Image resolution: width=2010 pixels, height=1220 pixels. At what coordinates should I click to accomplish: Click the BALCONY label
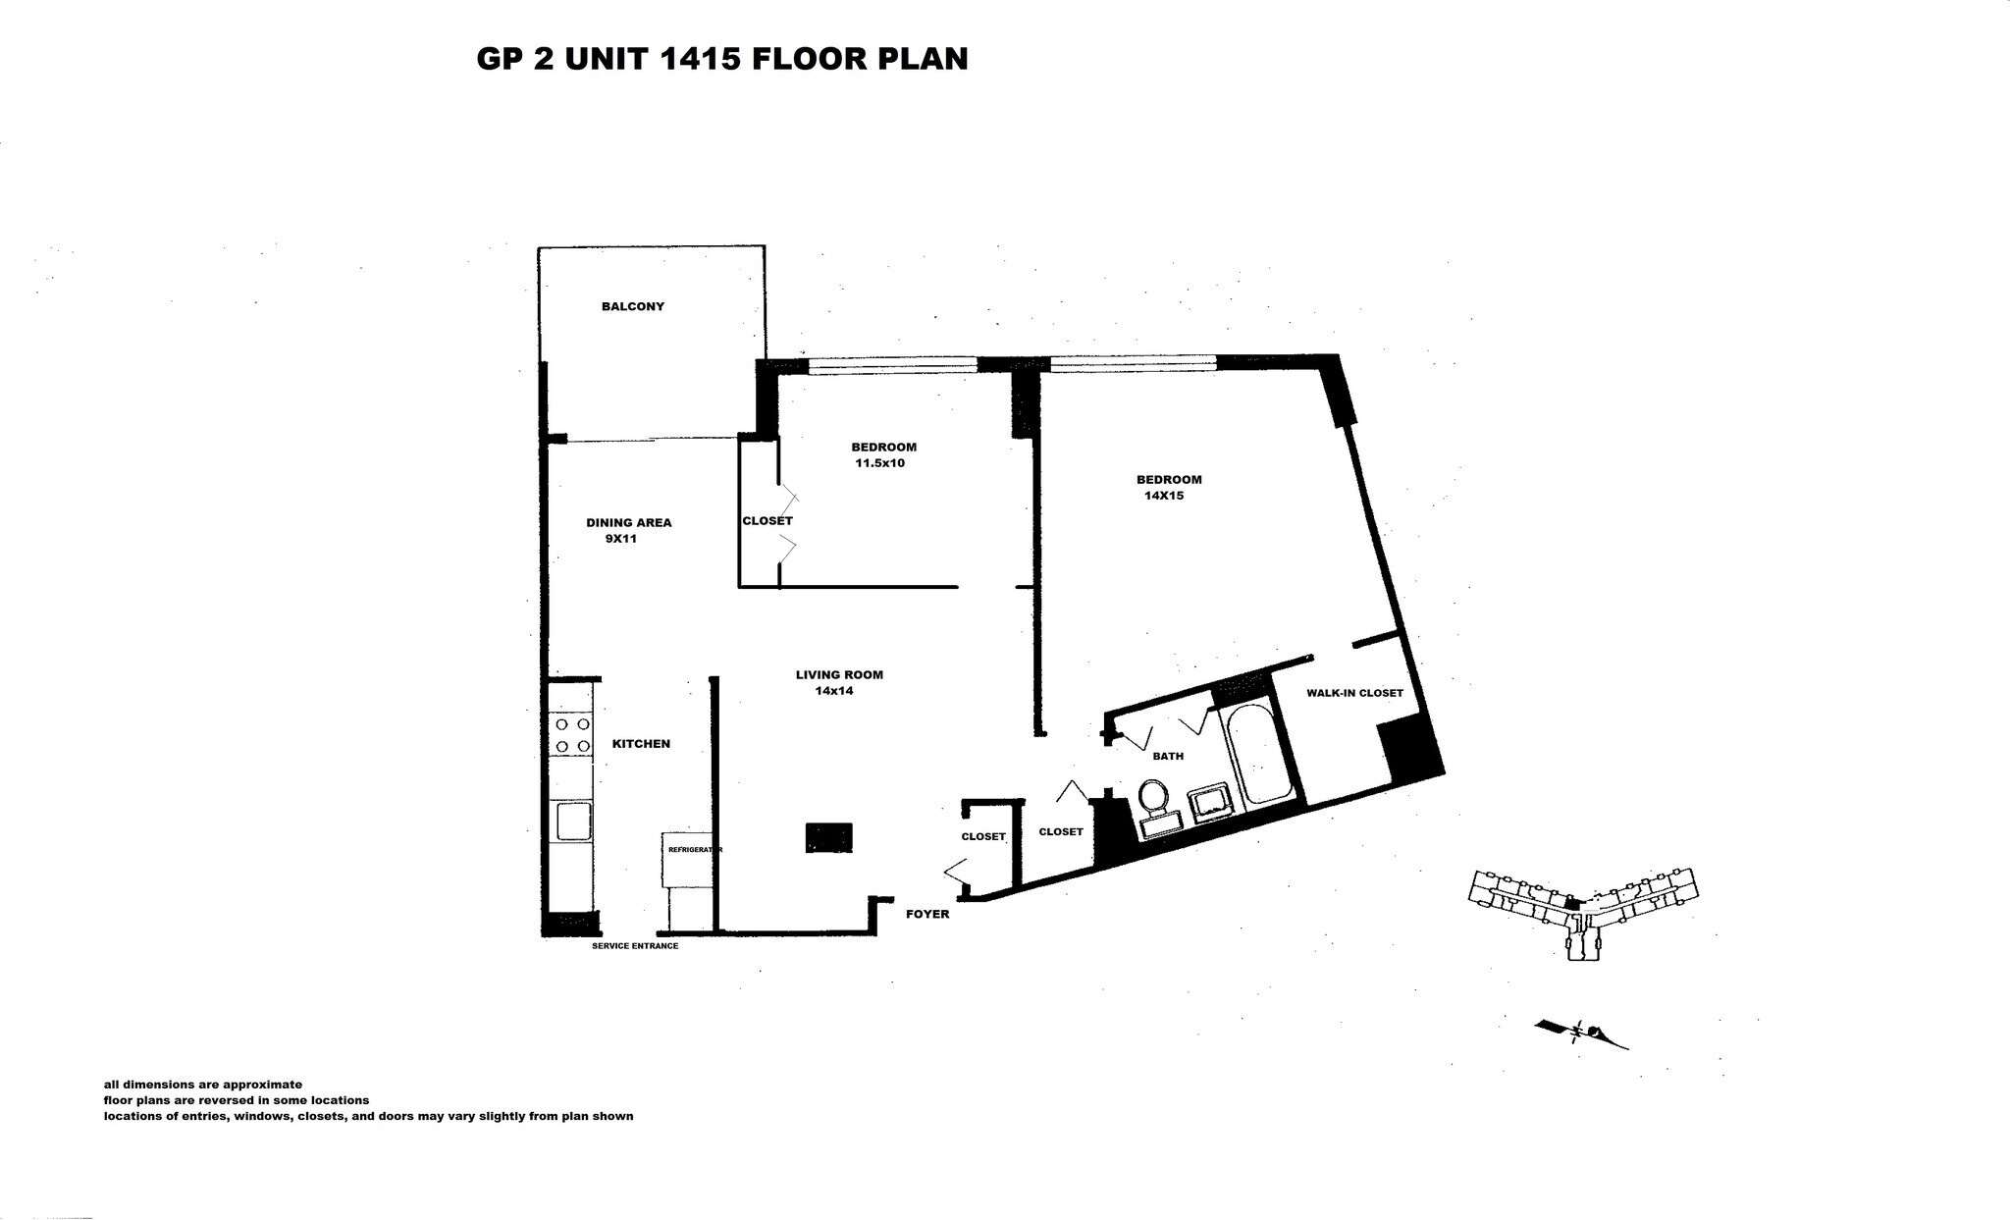click(x=633, y=306)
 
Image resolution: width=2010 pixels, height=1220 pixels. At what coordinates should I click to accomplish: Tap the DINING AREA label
click(x=628, y=522)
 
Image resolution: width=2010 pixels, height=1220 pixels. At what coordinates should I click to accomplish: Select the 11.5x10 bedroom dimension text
click(x=879, y=463)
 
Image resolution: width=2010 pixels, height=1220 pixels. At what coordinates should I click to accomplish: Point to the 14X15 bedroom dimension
click(x=1164, y=496)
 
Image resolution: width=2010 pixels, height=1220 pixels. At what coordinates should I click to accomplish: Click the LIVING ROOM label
click(x=839, y=674)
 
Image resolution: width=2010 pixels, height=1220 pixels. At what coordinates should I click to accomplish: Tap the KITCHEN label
click(x=641, y=744)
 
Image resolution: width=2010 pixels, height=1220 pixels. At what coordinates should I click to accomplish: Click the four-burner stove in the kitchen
click(x=572, y=735)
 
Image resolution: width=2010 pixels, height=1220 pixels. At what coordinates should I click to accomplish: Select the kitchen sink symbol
click(x=572, y=821)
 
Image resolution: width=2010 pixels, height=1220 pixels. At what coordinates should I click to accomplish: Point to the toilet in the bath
click(x=1152, y=797)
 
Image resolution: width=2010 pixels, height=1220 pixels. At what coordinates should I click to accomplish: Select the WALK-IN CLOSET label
click(x=1354, y=693)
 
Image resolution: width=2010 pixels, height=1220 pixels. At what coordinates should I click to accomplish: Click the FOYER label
click(x=927, y=914)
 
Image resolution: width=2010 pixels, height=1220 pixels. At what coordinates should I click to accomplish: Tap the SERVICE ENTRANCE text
click(x=635, y=946)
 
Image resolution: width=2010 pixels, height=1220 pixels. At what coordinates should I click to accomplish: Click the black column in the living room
click(x=828, y=837)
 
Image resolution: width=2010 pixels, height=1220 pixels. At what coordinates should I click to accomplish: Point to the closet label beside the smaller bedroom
click(x=767, y=521)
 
